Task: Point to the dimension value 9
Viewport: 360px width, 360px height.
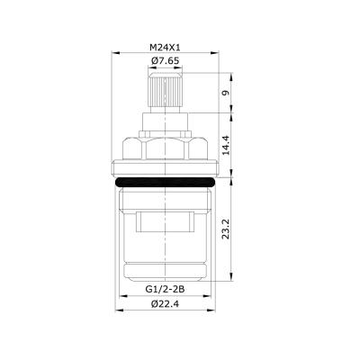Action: coord(227,91)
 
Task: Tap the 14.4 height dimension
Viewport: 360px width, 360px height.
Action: coord(227,145)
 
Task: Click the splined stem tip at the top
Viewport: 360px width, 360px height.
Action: coord(165,91)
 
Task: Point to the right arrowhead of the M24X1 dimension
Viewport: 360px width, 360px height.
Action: coord(216,54)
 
